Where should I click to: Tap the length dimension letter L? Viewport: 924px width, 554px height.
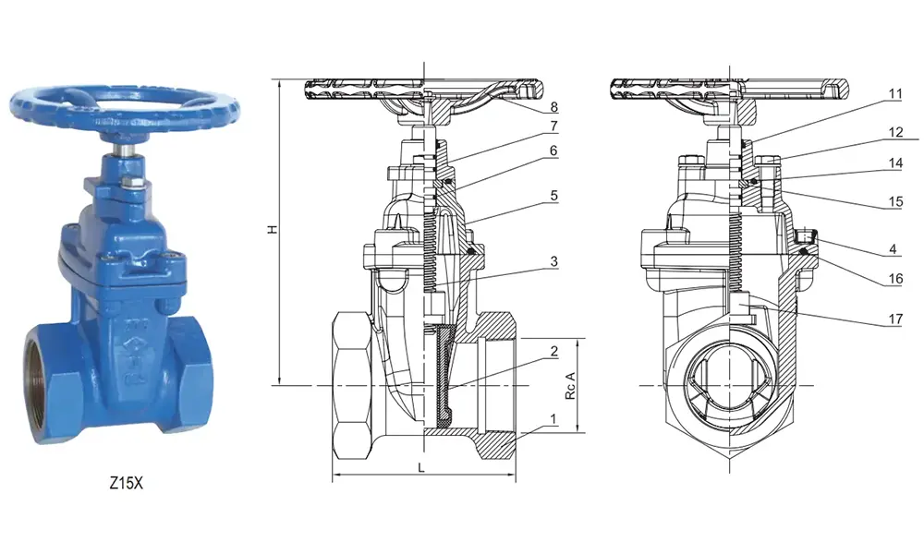[421, 469]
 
